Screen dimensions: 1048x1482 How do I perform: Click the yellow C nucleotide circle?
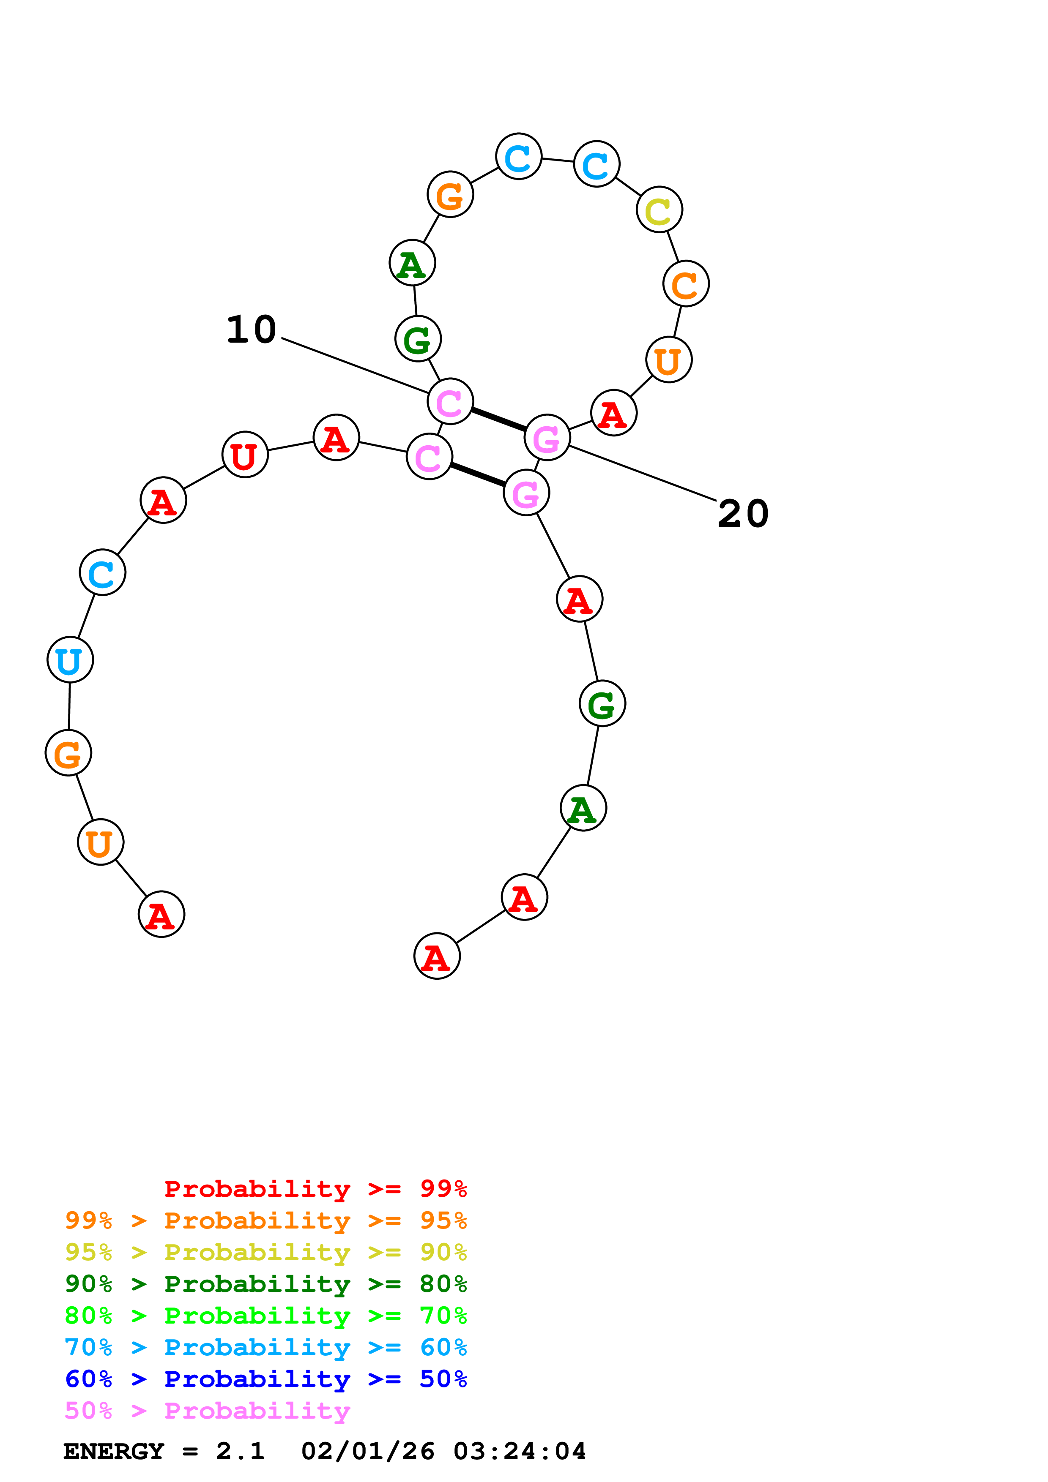pos(659,210)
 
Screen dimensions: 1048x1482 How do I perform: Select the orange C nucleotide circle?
pos(686,284)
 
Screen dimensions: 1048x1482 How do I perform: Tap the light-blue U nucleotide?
pos(70,659)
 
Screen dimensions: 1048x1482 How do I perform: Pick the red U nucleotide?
pos(245,455)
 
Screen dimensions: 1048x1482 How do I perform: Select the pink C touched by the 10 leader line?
pos(450,401)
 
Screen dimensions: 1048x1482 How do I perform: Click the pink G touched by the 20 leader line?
pos(547,438)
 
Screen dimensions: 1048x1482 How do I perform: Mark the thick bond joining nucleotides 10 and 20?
pos(498,420)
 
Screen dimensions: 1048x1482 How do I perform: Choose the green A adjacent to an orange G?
pos(412,263)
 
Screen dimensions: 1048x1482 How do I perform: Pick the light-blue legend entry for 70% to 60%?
pos(265,1347)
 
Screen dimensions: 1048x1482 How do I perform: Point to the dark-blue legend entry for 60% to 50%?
pos(265,1379)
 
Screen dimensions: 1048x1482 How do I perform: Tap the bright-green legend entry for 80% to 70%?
pos(265,1316)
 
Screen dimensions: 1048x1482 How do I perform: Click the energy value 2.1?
pos(240,1451)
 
